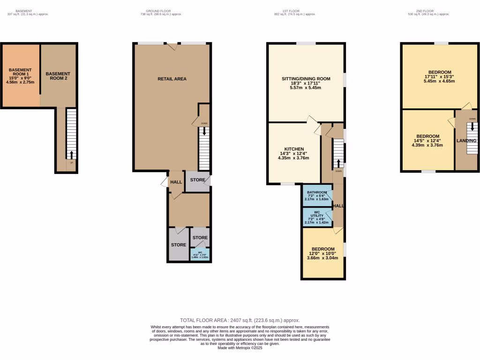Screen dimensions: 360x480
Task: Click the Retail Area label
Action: click(x=172, y=79)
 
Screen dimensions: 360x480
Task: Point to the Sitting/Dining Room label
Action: click(x=306, y=79)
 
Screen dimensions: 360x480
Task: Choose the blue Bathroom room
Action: click(x=317, y=195)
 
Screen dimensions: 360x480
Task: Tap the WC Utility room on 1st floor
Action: click(x=317, y=217)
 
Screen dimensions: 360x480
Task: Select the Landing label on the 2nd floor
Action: click(x=466, y=141)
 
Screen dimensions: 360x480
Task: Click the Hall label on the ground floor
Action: click(x=176, y=182)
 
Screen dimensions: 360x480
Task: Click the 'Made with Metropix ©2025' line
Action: click(x=240, y=347)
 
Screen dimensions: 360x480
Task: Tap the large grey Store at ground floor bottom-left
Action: click(x=178, y=245)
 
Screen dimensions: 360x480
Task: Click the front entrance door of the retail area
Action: click(x=172, y=45)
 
